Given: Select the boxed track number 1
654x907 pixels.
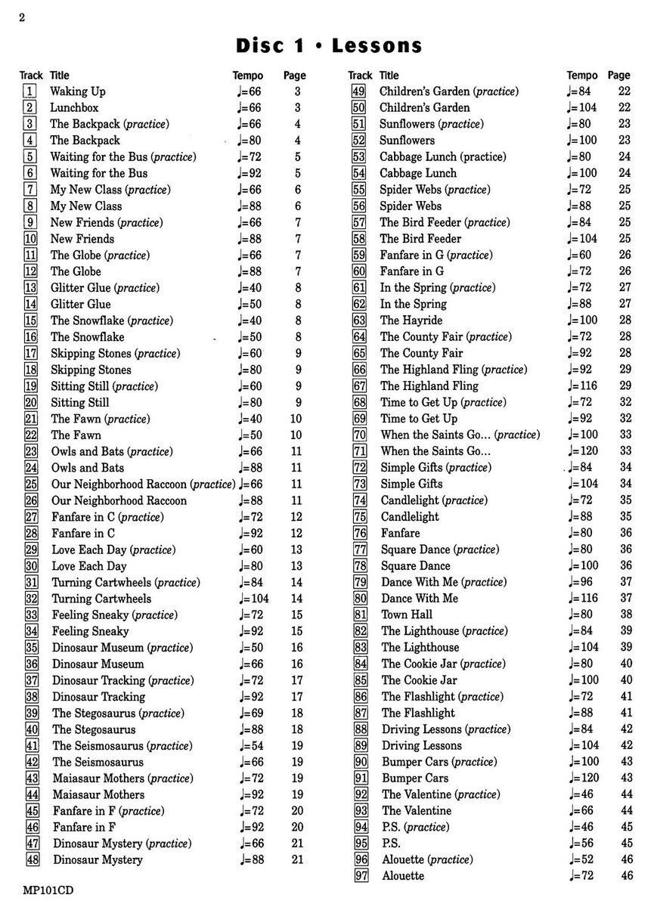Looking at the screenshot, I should pyautogui.click(x=30, y=91).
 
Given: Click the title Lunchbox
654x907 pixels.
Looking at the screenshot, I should pyautogui.click(x=74, y=107).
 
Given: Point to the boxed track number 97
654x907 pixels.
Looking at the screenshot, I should pyautogui.click(x=361, y=876).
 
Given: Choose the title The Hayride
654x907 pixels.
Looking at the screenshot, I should pyautogui.click(x=411, y=320).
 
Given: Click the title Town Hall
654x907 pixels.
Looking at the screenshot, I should pyautogui.click(x=407, y=614).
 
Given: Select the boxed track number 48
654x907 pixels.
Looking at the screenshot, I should pyautogui.click(x=32, y=859).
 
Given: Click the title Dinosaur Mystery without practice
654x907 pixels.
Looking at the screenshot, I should pyautogui.click(x=98, y=859).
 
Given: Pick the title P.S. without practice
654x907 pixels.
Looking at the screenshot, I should pyautogui.click(x=391, y=843).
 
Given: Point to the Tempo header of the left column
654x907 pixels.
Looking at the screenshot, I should pyautogui.click(x=248, y=76).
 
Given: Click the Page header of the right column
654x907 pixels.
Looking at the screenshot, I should pyautogui.click(x=618, y=76).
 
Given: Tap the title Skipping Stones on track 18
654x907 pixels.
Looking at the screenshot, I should pyautogui.click(x=91, y=370).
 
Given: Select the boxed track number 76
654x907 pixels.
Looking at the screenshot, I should pyautogui.click(x=360, y=533).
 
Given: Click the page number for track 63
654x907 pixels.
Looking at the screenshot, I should pyautogui.click(x=625, y=320).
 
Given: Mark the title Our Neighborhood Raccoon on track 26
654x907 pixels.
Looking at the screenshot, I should pyautogui.click(x=119, y=500).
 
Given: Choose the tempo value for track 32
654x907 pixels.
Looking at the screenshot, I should pyautogui.click(x=253, y=599).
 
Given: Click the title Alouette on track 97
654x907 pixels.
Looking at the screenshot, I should pyautogui.click(x=403, y=876).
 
